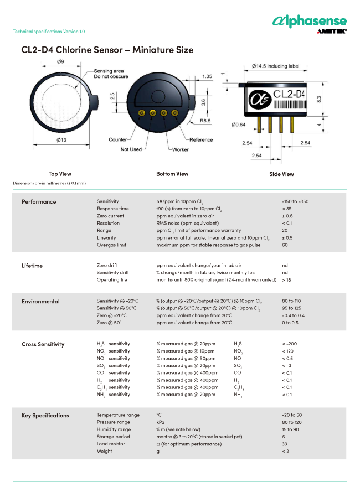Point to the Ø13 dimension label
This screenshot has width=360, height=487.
pyautogui.click(x=61, y=140)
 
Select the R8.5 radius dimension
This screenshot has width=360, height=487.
pyautogui.click(x=205, y=120)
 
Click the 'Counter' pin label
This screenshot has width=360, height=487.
pyautogui.click(x=118, y=139)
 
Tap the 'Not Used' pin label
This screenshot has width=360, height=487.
pyautogui.click(x=131, y=149)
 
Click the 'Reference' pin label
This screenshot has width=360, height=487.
pyautogui.click(x=201, y=139)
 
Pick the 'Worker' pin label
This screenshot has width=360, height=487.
pyautogui.click(x=180, y=149)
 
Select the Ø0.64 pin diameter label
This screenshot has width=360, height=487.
pyautogui.click(x=239, y=124)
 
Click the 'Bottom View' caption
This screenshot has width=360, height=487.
pyautogui.click(x=172, y=174)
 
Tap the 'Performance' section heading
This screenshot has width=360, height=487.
pyautogui.click(x=39, y=201)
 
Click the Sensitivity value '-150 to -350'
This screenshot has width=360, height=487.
pyautogui.click(x=295, y=201)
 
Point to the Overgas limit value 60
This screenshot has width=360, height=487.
pyautogui.click(x=285, y=245)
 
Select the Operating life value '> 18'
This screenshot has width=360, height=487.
pyautogui.click(x=286, y=280)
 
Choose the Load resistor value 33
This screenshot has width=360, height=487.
pyautogui.click(x=285, y=444)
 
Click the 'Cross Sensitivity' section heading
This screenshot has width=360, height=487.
pyautogui.click(x=43, y=344)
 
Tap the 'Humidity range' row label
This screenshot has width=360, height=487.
pyautogui.click(x=114, y=429)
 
